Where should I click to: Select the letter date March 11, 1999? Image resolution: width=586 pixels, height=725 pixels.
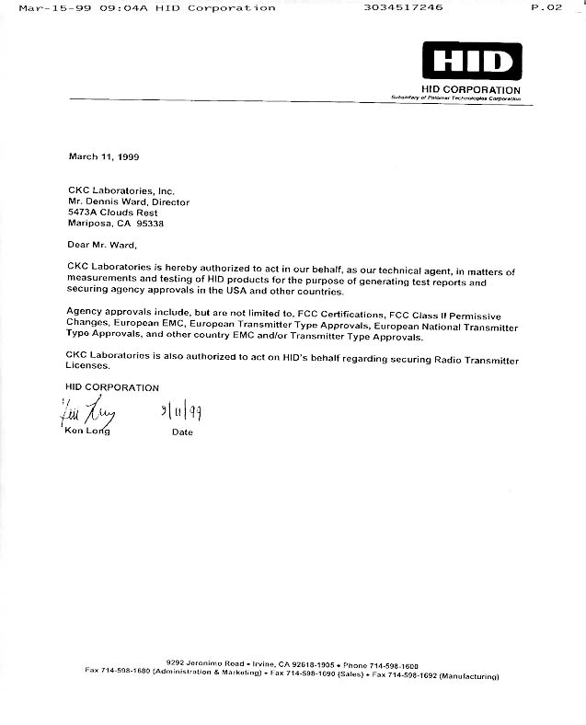coord(104,156)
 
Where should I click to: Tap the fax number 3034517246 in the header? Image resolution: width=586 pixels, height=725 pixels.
coord(403,7)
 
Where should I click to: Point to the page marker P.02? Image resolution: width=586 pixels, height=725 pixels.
coord(547,7)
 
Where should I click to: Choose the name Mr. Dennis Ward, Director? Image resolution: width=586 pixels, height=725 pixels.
coord(129,201)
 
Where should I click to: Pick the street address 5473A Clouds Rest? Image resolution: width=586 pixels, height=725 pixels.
coord(113,213)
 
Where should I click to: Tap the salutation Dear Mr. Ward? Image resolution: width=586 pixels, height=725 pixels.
coord(102,245)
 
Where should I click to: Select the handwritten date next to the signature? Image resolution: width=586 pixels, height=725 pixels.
coord(181,411)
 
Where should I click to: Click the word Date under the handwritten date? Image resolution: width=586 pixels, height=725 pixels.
coord(182,432)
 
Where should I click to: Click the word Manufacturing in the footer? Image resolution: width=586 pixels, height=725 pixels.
coord(468,675)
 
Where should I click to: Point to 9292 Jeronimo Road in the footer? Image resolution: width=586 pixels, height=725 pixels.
coord(205,663)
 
